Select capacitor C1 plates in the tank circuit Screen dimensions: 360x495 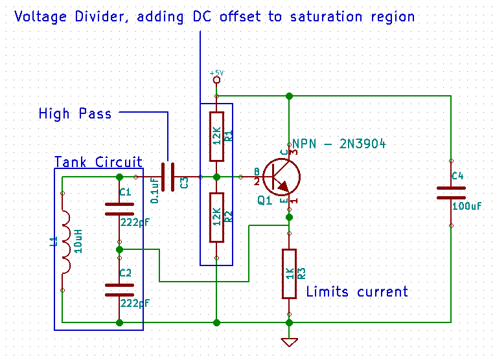pyautogui.click(x=119, y=208)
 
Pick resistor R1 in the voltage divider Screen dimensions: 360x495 pyautogui.click(x=216, y=136)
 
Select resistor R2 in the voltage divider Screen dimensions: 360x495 pyautogui.click(x=216, y=216)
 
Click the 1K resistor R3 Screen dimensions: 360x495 pyautogui.click(x=290, y=273)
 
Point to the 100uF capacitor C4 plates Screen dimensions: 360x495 pyautogui.click(x=451, y=192)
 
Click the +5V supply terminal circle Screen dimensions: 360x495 pyautogui.click(x=216, y=80)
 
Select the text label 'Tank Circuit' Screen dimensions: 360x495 pyautogui.click(x=98, y=162)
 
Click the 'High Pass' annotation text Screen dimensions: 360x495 pyautogui.click(x=75, y=115)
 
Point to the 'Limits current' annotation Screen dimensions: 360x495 pyautogui.click(x=357, y=292)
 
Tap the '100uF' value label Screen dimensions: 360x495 pyautogui.click(x=466, y=205)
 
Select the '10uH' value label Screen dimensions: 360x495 pyautogui.click(x=78, y=241)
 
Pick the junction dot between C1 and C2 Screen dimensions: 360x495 pyautogui.click(x=119, y=249)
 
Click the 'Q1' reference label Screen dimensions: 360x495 pyautogui.click(x=264, y=201)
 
